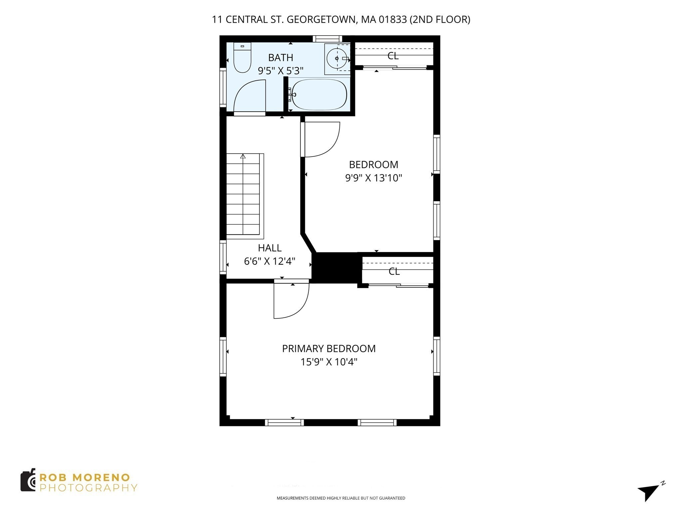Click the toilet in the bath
point(242,58)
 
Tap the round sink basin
point(337,59)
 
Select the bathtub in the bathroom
point(319,95)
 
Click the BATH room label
point(280,58)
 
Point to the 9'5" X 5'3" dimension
point(280,71)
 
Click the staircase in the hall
point(243,195)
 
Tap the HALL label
point(270,248)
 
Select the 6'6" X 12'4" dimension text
point(270,261)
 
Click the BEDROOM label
point(373,165)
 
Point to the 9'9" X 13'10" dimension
point(373,178)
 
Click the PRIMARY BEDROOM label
point(329,349)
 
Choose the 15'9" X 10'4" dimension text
point(329,362)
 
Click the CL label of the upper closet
point(393,56)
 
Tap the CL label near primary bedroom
point(394,272)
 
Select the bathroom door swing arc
point(248,95)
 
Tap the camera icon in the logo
point(28,480)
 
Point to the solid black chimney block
point(336,268)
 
